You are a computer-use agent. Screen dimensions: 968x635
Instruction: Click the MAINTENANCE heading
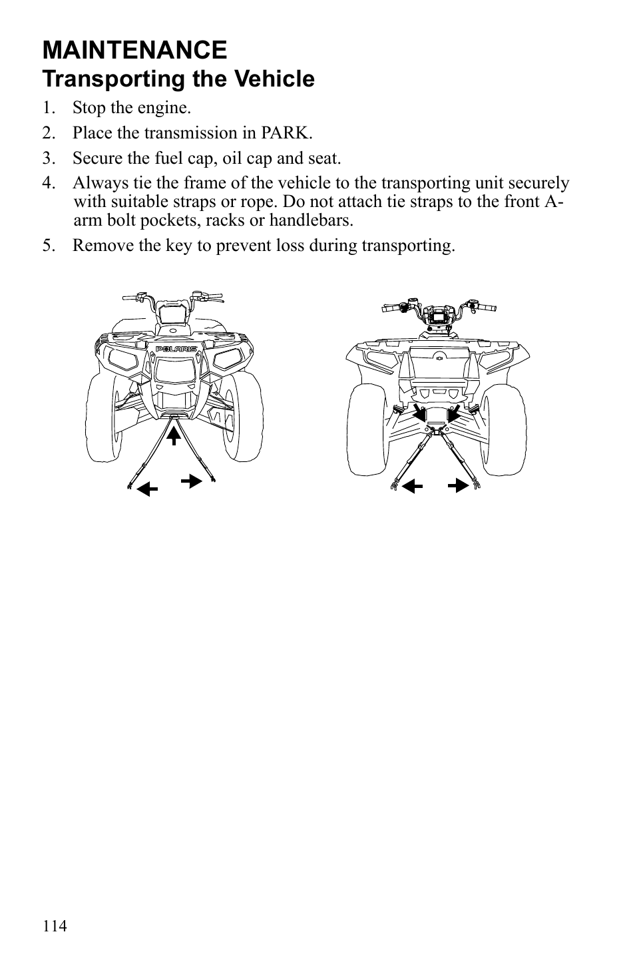pos(134,50)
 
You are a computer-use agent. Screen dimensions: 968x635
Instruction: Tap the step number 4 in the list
pos(47,183)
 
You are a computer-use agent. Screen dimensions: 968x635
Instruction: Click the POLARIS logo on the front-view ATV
pos(176,349)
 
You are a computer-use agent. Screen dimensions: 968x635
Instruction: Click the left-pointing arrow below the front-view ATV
pos(146,490)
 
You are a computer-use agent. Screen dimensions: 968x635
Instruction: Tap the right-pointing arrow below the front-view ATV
pos(192,481)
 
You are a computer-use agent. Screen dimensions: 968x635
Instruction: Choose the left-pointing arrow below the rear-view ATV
pos(413,485)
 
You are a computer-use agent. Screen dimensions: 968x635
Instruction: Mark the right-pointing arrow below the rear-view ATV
pos(457,485)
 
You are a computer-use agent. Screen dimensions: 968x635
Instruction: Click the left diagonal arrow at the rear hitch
pos(420,413)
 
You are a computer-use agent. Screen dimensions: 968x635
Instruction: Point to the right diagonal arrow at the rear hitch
pos(455,413)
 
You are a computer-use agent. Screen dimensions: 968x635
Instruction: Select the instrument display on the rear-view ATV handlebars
pos(439,316)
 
